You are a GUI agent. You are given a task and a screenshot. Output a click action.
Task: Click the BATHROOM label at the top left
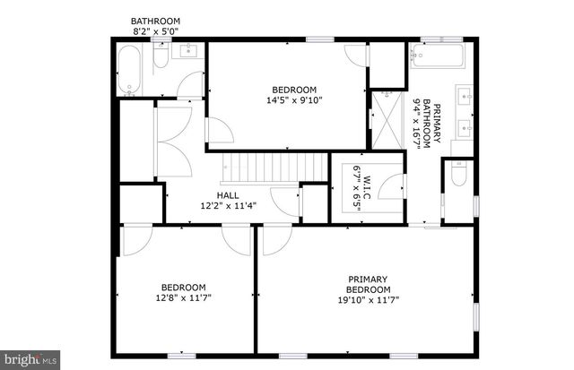pos(155,21)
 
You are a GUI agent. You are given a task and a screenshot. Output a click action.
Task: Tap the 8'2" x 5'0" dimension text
pos(155,31)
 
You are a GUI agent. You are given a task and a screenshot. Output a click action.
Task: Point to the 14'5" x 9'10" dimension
pos(295,100)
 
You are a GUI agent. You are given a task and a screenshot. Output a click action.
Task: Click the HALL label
pos(227,194)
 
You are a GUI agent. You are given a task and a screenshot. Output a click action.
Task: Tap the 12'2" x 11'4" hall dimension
pos(227,205)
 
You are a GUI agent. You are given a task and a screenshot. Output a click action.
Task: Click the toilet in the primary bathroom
pos(458,176)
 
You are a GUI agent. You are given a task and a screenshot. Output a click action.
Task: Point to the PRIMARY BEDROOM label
pos(369,284)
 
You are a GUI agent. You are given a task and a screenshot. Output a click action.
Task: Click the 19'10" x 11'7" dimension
pos(369,300)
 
